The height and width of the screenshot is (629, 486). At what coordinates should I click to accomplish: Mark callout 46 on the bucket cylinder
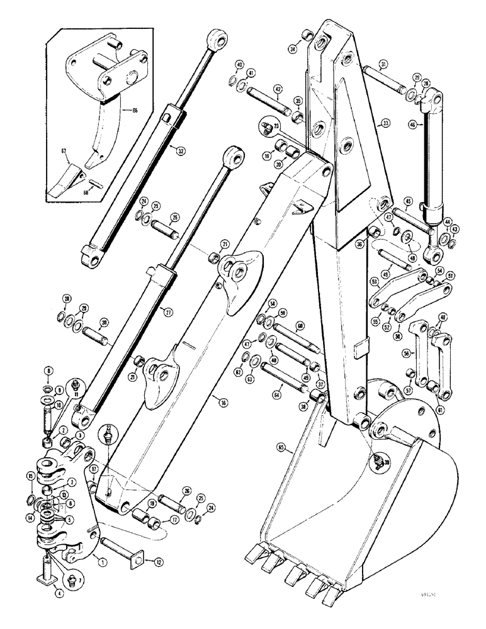point(413,125)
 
